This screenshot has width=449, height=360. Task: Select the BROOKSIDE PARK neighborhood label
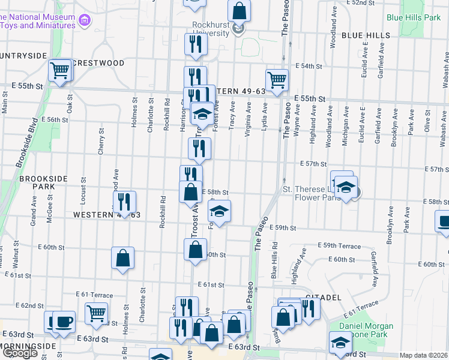click(x=37, y=182)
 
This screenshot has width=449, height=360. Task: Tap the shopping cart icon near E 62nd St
click(x=95, y=312)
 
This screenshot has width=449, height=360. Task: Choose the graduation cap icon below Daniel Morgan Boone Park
click(x=340, y=343)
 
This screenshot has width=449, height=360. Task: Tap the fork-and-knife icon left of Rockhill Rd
click(x=124, y=201)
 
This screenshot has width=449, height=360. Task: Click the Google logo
click(x=20, y=353)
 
